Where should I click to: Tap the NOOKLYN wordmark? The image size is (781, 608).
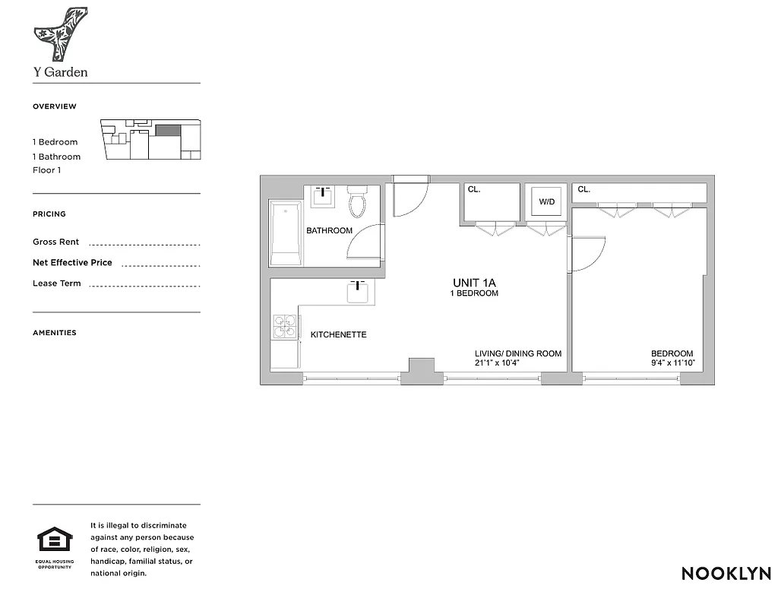(x=726, y=574)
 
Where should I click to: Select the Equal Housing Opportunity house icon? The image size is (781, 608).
(x=55, y=541)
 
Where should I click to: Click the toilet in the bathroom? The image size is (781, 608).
(x=357, y=201)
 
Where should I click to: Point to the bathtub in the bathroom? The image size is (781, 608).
(x=286, y=233)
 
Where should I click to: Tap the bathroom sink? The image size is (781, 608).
(x=324, y=196)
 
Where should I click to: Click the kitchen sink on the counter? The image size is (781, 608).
(x=359, y=292)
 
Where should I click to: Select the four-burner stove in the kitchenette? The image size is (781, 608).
(x=285, y=326)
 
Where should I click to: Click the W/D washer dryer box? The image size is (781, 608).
(x=546, y=202)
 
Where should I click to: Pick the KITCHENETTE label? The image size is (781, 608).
(x=338, y=334)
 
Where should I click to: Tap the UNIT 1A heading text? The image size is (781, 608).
(x=474, y=283)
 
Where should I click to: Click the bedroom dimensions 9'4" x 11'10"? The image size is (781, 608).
(x=672, y=363)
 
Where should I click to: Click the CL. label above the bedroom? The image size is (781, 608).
(x=584, y=189)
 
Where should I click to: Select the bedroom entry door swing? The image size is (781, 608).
(x=587, y=254)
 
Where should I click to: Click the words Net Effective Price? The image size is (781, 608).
(x=72, y=263)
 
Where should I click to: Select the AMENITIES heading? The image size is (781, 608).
(x=55, y=333)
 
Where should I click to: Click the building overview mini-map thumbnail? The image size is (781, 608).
(x=151, y=139)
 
